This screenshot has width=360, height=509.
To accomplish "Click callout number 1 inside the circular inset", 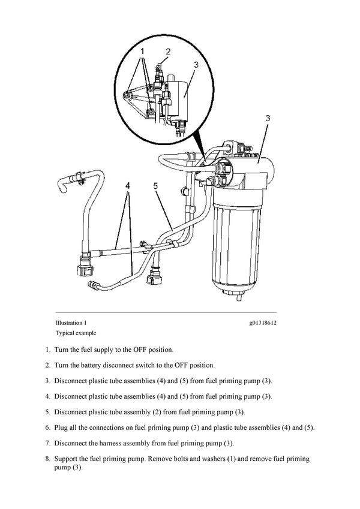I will (x=142, y=53).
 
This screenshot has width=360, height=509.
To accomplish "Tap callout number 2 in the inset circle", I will (x=169, y=52).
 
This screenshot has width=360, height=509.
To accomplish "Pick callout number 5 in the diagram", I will (x=155, y=186).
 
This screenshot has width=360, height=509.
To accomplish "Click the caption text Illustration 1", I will (x=71, y=323).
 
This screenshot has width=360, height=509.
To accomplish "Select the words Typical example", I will (x=76, y=333).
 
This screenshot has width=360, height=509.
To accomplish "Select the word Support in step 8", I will (x=67, y=459).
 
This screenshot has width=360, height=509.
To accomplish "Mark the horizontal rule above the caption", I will (x=166, y=312).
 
